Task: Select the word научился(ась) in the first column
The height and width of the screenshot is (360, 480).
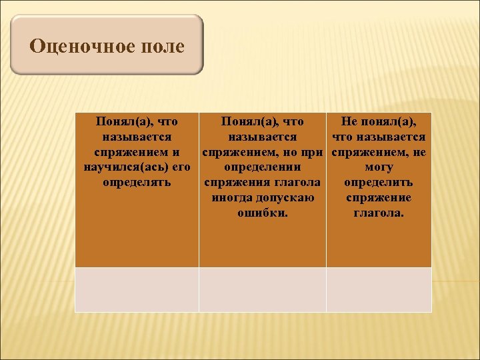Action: click(125, 167)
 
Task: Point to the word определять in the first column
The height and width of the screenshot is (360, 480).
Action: click(137, 183)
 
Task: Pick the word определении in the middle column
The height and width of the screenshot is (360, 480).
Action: click(262, 167)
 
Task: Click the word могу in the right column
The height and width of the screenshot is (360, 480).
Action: click(379, 167)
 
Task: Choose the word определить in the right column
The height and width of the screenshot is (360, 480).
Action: click(379, 183)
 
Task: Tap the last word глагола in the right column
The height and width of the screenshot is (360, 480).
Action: click(379, 213)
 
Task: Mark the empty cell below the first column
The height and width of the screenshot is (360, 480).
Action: click(137, 289)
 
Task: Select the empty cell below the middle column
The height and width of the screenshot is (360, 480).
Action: click(262, 289)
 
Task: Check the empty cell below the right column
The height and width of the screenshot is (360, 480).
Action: click(379, 289)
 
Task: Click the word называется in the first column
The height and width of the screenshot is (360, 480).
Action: click(137, 137)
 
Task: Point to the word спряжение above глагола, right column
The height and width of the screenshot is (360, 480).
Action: click(379, 198)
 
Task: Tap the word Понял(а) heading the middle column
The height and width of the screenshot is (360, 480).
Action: click(246, 121)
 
